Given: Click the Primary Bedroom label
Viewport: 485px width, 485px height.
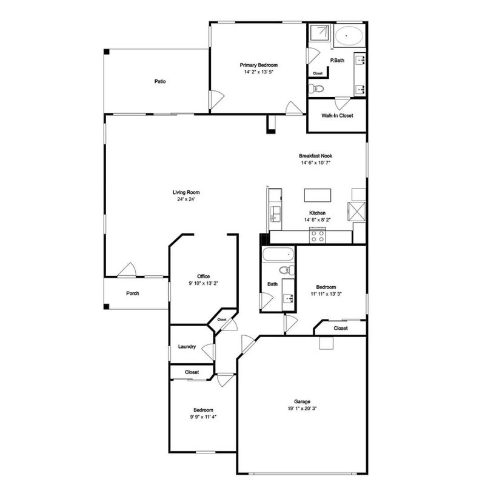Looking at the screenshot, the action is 259,65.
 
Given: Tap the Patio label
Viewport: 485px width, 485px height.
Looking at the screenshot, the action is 160,81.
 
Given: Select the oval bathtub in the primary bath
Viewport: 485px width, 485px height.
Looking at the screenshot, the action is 349,36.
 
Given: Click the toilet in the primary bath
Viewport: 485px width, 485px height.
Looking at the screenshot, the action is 316,89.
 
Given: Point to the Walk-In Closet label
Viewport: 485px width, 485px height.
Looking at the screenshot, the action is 337,115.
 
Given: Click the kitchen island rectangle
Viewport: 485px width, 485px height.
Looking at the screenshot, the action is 318,195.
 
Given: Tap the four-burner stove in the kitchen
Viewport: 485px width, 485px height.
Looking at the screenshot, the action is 318,236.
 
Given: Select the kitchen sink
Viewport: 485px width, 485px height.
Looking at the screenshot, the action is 275,215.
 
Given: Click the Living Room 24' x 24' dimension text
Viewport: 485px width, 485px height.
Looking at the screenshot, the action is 186,199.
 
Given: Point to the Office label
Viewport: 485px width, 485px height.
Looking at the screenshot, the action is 204,276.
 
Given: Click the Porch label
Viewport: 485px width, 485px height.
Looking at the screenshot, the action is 132,293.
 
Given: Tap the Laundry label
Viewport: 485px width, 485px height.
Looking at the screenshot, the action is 187,346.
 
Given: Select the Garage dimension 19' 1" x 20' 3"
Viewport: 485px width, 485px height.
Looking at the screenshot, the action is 302,408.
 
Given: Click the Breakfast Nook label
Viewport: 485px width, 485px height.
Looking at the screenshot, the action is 316,156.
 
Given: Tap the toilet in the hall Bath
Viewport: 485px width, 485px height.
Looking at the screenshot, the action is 287,270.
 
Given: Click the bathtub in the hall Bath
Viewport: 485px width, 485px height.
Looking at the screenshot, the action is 278,255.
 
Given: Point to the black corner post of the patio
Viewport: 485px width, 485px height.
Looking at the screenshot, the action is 107,52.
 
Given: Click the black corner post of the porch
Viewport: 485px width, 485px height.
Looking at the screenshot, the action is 107,307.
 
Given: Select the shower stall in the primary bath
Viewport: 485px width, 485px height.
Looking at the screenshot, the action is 320,33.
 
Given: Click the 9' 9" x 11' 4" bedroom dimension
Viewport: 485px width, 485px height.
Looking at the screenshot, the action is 203,416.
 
